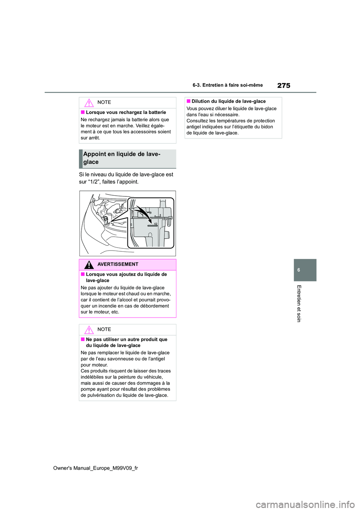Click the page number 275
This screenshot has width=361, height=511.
(284, 85)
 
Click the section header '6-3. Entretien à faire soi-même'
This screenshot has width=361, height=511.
(228, 85)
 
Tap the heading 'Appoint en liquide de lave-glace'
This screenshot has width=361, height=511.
(121, 158)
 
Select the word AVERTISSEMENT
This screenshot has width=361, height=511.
(118, 265)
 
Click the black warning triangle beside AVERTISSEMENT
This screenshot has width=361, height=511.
(89, 265)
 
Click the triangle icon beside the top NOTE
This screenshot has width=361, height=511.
(89, 103)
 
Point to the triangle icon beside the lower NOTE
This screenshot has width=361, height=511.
(89, 330)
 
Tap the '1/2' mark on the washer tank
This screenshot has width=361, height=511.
(155, 224)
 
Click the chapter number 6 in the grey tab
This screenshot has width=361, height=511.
(299, 270)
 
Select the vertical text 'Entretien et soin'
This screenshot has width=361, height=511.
(299, 303)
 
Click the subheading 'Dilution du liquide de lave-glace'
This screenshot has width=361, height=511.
(229, 102)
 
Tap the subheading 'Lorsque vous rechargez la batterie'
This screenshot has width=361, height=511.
(126, 113)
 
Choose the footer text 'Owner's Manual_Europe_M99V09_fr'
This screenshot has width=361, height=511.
(96, 468)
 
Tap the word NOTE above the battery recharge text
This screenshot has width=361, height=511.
(104, 102)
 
